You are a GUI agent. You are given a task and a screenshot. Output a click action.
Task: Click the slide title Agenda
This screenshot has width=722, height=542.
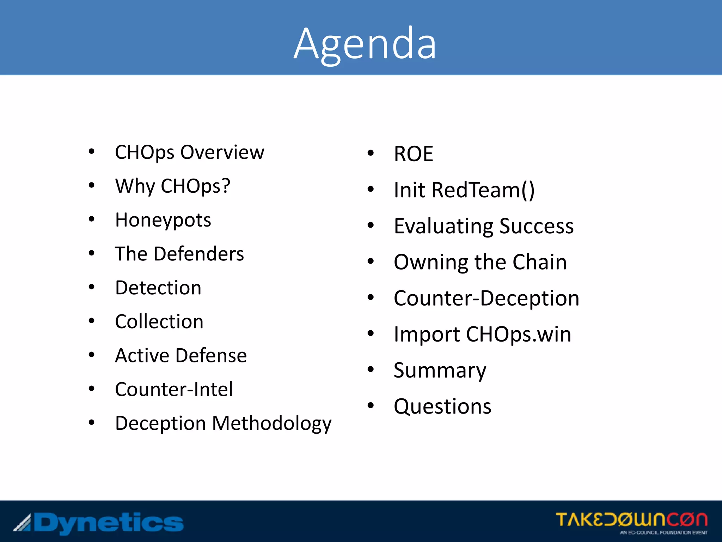pyautogui.click(x=365, y=44)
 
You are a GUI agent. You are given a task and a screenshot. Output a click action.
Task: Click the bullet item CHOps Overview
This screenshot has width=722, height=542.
pyautogui.click(x=189, y=152)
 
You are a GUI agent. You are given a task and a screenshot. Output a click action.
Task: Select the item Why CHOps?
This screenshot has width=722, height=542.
pyautogui.click(x=173, y=186)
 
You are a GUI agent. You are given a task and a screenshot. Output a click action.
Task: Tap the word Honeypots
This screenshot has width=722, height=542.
pyautogui.click(x=163, y=220)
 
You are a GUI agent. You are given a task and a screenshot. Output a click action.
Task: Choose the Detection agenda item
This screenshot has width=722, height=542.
pyautogui.click(x=158, y=288)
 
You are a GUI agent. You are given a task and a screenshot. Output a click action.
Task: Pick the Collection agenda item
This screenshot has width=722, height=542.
pyautogui.click(x=159, y=322)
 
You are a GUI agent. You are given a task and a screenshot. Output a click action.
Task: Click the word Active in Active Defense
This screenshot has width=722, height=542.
pyautogui.click(x=142, y=356)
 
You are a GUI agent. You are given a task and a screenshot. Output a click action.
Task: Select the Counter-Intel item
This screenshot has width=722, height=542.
pyautogui.click(x=174, y=390)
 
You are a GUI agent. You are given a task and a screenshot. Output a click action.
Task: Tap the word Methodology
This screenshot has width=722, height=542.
pyautogui.click(x=271, y=423)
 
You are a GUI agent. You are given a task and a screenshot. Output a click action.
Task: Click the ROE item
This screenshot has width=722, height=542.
pyautogui.click(x=413, y=154)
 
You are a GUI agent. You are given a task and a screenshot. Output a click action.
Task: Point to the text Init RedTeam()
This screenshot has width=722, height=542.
pyautogui.click(x=464, y=190)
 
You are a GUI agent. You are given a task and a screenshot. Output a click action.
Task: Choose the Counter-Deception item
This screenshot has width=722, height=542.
pyautogui.click(x=487, y=299)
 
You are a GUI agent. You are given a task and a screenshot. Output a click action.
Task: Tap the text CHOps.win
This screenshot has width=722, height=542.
pyautogui.click(x=518, y=335)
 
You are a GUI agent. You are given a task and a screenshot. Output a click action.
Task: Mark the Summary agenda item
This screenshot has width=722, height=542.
pyautogui.click(x=440, y=371)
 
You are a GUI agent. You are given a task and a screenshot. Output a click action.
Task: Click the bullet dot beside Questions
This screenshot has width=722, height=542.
pyautogui.click(x=371, y=406)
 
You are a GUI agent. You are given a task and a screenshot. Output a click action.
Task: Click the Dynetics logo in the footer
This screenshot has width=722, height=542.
pyautogui.click(x=99, y=523)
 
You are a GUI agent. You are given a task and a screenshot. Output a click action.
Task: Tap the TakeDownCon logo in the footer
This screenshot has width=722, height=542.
pyautogui.click(x=631, y=522)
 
